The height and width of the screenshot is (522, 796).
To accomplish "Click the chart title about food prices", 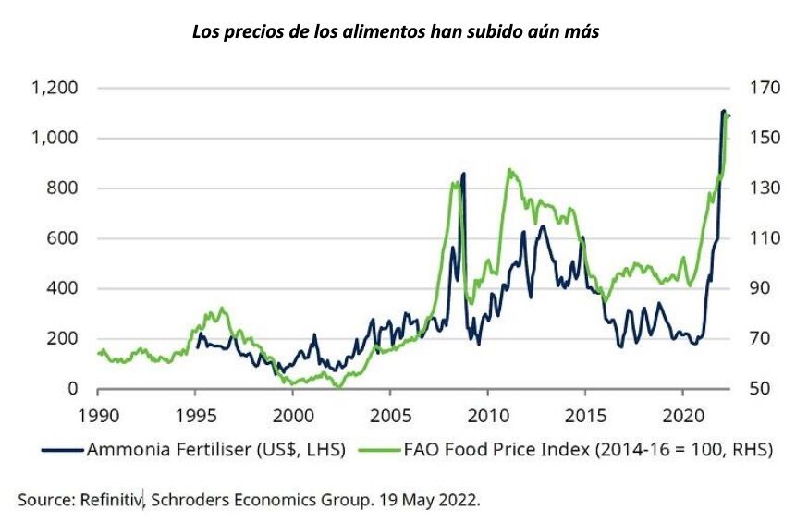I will tap(398, 31).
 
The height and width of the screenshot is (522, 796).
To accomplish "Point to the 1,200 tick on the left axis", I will tap(54, 89).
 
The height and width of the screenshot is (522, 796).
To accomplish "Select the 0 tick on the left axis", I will tap(72, 389).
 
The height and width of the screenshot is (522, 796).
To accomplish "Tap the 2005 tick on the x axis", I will tap(390, 415).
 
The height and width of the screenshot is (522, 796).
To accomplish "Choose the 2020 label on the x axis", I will tap(683, 415).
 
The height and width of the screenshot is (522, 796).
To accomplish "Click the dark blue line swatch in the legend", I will tap(63, 451).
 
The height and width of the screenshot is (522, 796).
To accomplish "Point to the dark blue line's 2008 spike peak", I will tap(463, 173).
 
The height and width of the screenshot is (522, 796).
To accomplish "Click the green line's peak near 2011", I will tap(508, 170).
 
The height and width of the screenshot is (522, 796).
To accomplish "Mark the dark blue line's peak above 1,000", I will tap(723, 111).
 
